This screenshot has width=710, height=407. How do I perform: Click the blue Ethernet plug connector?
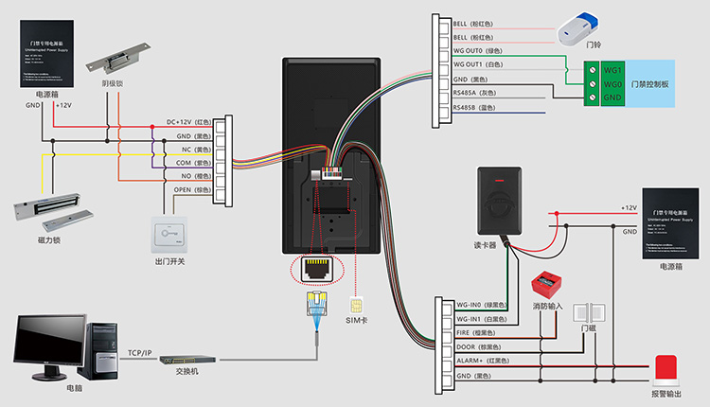tap(315, 304)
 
